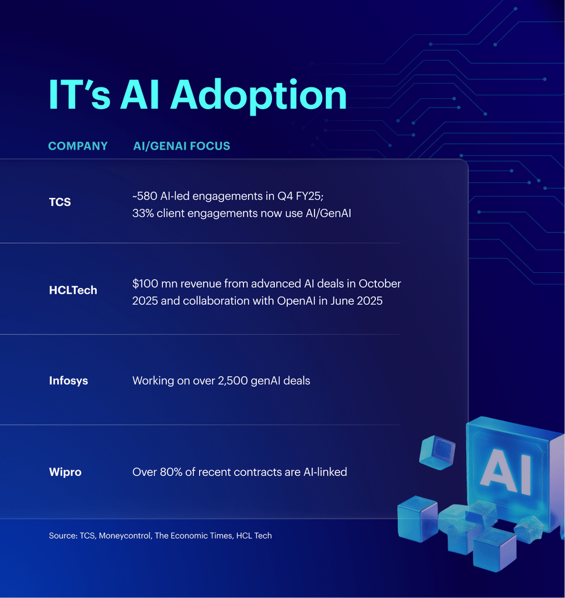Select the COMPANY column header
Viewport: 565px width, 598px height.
[78, 146]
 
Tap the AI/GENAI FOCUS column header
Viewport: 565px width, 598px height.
[182, 146]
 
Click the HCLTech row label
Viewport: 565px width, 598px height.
[73, 290]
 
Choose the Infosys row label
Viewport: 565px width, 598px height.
[68, 381]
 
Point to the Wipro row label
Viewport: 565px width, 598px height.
[65, 472]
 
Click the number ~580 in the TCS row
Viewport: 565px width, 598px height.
[145, 197]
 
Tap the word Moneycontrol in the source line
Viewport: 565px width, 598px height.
[124, 536]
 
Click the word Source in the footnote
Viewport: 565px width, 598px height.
[62, 536]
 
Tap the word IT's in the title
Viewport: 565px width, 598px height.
[79, 95]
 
